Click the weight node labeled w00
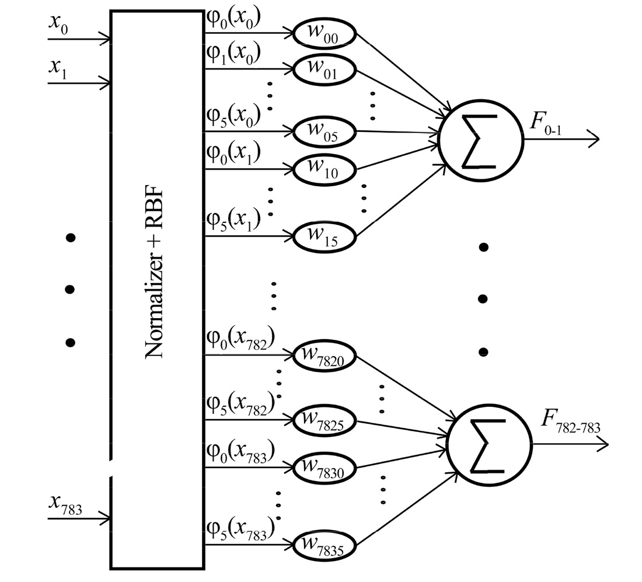tap(324, 34)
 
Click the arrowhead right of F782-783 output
tap(602, 445)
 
